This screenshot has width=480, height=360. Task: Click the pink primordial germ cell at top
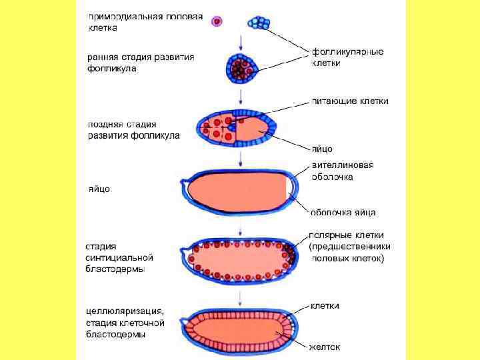(x=217, y=22)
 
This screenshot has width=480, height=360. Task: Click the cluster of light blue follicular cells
(x=259, y=23)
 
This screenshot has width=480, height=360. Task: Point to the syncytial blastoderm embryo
(x=240, y=259)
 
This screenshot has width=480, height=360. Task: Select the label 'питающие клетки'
(x=350, y=101)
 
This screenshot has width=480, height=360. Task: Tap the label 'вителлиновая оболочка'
(x=343, y=171)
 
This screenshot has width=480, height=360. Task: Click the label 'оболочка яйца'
(x=343, y=213)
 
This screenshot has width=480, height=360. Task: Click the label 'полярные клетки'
(x=341, y=235)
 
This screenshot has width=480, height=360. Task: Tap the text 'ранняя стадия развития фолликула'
(x=141, y=63)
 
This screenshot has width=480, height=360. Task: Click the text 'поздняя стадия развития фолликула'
(x=133, y=130)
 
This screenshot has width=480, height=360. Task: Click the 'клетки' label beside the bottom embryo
(x=325, y=306)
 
